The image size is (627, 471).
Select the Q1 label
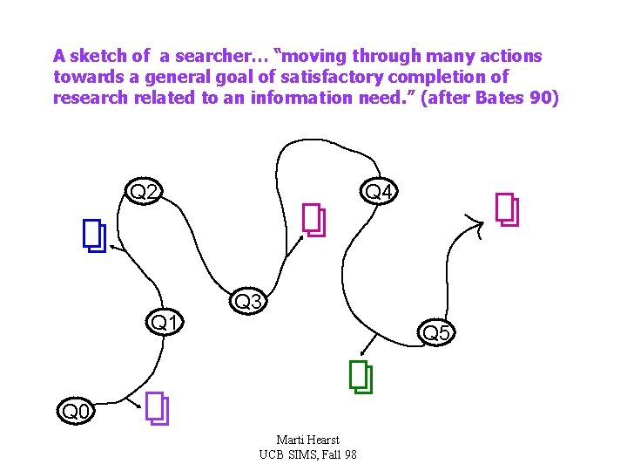coord(166,323)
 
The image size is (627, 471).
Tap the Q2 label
coord(143,191)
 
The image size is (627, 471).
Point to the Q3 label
coord(249,302)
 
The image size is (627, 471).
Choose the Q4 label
coord(380,191)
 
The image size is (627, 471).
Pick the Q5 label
coord(435,332)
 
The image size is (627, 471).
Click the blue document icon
coord(94,235)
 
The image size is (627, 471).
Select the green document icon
coord(361,377)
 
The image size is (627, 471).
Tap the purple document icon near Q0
coord(158,408)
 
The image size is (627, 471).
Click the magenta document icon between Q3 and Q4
coord(313,220)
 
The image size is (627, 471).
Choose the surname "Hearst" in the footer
coord(321,440)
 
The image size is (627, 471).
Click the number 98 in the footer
coord(349,454)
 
